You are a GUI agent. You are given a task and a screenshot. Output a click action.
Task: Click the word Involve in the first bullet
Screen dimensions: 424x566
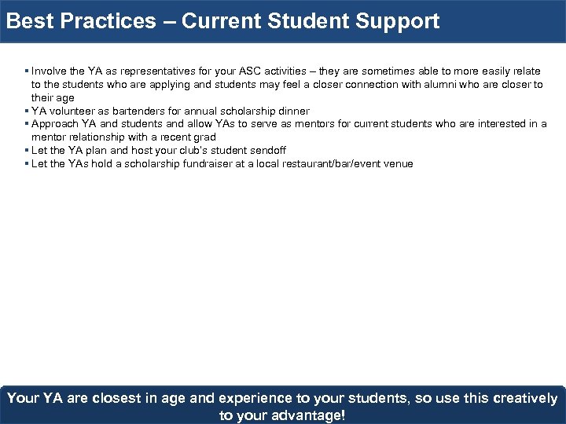pos(49,71)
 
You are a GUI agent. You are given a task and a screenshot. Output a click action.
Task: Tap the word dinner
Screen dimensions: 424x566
pos(292,111)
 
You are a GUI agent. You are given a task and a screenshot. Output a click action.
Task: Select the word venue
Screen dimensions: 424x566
pos(398,164)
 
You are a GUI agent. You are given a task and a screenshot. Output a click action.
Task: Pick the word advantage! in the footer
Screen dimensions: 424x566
pos(305,415)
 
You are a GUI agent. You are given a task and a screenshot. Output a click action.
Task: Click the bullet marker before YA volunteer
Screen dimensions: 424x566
pos(27,111)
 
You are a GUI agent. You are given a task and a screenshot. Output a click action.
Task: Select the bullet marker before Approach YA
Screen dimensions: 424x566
pos(27,124)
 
